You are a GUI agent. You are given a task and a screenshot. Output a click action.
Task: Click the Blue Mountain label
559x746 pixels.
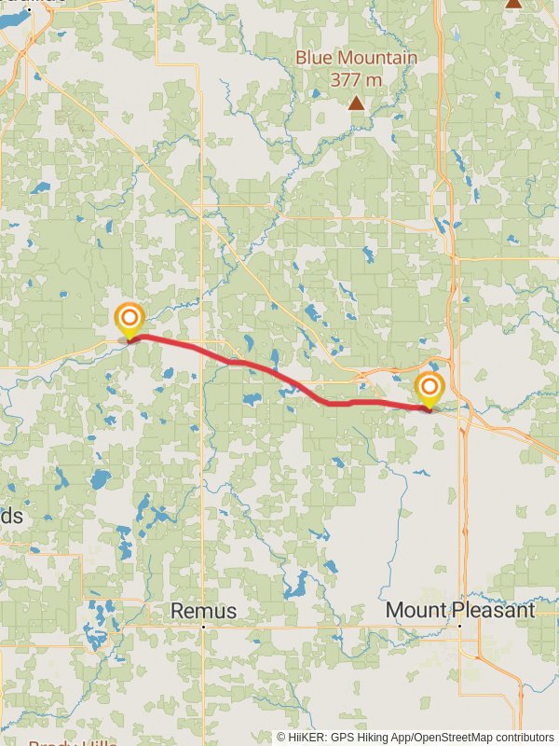click(x=356, y=58)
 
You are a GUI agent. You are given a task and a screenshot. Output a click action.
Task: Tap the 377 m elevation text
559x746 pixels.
click(x=356, y=80)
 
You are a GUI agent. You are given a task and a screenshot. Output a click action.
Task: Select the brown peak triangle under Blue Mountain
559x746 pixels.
click(x=356, y=103)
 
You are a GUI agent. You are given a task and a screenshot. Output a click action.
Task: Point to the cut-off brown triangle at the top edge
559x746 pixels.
click(x=513, y=4)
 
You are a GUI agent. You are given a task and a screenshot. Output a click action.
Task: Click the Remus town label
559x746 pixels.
click(x=203, y=611)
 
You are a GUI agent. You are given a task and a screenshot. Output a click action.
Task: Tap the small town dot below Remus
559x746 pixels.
click(x=203, y=628)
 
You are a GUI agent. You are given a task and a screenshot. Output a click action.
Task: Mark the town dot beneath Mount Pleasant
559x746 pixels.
click(x=459, y=627)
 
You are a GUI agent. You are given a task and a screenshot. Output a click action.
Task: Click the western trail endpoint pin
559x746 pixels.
click(x=129, y=320)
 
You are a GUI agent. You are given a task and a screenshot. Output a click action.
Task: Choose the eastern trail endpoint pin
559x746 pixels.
click(x=429, y=389)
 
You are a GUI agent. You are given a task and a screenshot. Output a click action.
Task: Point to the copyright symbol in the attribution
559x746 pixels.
click(x=281, y=737)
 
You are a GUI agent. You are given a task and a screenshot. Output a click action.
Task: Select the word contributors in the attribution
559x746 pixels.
click(x=524, y=737)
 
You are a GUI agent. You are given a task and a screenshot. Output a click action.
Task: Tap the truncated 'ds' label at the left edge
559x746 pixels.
click(x=11, y=516)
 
